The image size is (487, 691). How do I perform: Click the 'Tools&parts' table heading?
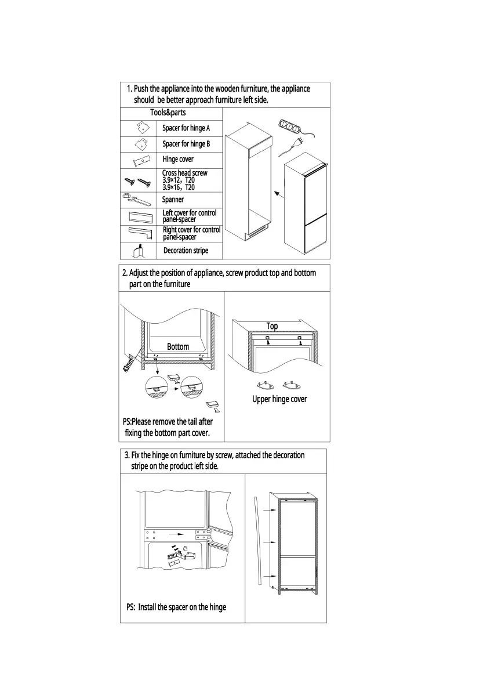(x=168, y=113)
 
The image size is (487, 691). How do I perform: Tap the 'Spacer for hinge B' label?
(x=186, y=144)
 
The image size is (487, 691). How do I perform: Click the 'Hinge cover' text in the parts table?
(x=178, y=159)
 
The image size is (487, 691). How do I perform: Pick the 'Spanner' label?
(x=173, y=200)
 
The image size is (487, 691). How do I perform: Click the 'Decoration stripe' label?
(x=186, y=251)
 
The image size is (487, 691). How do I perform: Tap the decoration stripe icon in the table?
(x=137, y=251)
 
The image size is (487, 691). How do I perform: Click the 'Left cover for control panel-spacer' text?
(x=189, y=216)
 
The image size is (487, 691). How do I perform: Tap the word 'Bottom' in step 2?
(x=178, y=346)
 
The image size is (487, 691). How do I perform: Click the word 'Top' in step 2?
(x=272, y=326)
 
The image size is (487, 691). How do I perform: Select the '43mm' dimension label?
(x=129, y=364)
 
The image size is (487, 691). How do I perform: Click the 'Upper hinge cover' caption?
(x=279, y=399)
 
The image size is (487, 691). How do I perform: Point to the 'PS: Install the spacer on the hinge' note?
(x=176, y=607)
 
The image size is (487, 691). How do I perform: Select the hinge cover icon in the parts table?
(x=137, y=160)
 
